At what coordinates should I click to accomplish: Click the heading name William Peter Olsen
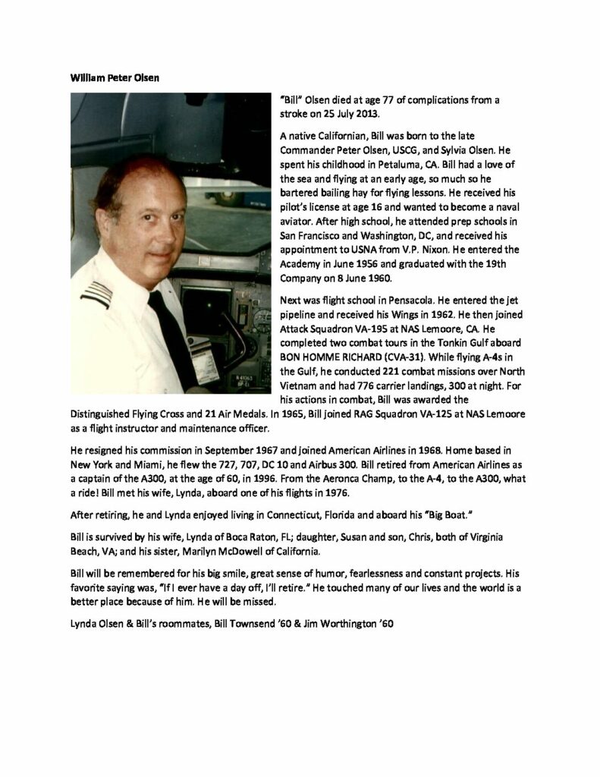116,77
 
